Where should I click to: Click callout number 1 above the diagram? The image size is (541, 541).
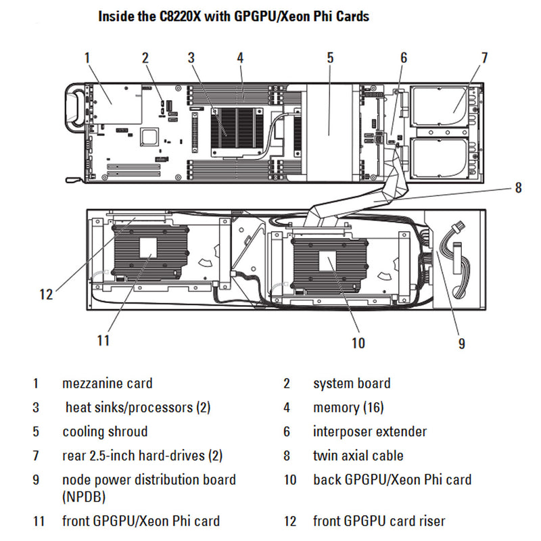(x=87, y=57)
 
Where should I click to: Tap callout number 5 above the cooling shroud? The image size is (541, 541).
(x=330, y=57)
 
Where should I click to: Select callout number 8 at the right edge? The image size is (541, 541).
(x=518, y=187)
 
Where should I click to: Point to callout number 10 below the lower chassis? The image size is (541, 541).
(x=358, y=343)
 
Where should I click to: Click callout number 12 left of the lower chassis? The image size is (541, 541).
(x=46, y=294)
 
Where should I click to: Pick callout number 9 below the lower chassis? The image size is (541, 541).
(x=461, y=344)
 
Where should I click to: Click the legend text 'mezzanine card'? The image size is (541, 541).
(x=107, y=383)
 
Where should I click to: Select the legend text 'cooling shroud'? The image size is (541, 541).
(x=105, y=431)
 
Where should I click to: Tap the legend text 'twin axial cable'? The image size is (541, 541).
(x=358, y=456)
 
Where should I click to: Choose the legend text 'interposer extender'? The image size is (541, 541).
(x=370, y=431)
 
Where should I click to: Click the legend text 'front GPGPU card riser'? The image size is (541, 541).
(x=379, y=521)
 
